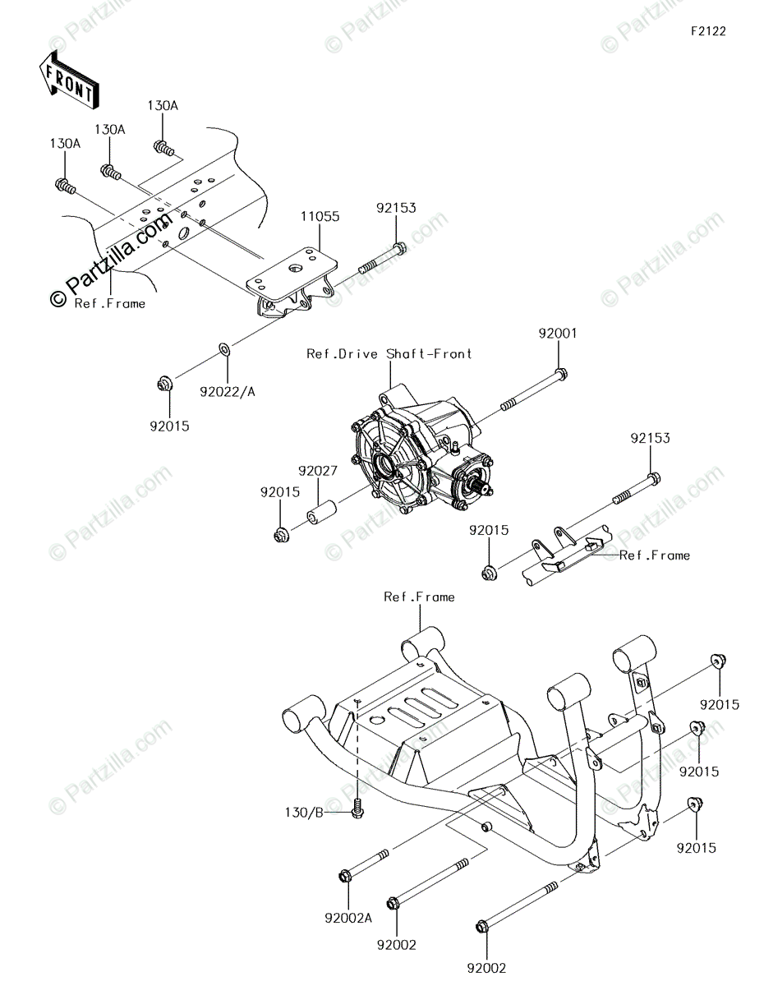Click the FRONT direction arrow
pos(69,80)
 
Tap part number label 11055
pos(320,217)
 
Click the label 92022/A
pos(228,391)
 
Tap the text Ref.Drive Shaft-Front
pos(389,353)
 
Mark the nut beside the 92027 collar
pos(280,535)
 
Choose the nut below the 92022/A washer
pos(164,382)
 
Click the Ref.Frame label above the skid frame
pos(419,597)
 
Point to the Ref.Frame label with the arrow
pos(655,555)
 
